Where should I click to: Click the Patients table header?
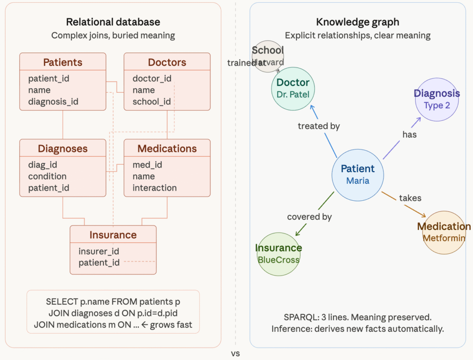[x=63, y=62]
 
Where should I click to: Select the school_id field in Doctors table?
[x=152, y=102]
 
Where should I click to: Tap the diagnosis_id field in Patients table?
[x=53, y=102]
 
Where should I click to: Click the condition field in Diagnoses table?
[x=47, y=176]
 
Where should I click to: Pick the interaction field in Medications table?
[x=154, y=188]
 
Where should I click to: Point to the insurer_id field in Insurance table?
[x=99, y=251]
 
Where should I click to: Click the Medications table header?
[x=167, y=149]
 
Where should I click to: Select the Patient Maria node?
[x=358, y=174]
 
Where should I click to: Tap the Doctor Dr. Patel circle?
[x=293, y=89]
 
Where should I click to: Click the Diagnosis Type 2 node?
[x=437, y=100]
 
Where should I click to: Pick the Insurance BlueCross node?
[x=279, y=254]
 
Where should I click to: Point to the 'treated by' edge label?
[x=319, y=126]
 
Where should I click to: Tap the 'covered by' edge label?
[x=309, y=216]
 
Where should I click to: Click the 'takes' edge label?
[x=410, y=198]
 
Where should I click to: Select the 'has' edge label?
[x=409, y=134]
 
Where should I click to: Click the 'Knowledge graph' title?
[x=358, y=22]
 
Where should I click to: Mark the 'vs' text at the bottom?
[x=236, y=354]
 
